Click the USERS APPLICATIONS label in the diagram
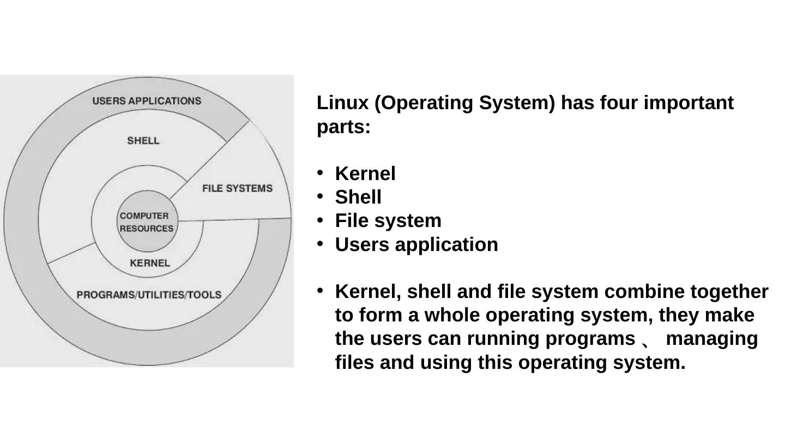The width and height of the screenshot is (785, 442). coord(147,101)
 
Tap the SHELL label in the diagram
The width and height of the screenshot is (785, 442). coord(143,141)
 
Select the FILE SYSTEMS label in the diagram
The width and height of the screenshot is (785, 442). coord(237,188)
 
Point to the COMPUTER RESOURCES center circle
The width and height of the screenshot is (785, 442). coord(146,222)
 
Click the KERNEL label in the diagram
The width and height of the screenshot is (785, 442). coord(150,263)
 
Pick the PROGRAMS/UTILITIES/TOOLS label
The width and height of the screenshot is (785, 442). coord(149,295)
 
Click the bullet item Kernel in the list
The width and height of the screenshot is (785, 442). coord(365,174)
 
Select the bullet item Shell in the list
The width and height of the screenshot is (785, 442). coord(358,197)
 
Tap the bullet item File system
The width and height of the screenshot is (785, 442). coord(388,220)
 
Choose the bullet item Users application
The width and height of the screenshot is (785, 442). coord(416,244)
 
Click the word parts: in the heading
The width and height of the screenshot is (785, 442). coord(343,127)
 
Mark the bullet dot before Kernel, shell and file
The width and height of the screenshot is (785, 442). coord(321,290)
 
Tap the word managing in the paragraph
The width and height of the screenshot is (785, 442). coord(711,338)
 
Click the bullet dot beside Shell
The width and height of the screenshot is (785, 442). coord(321,195)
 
